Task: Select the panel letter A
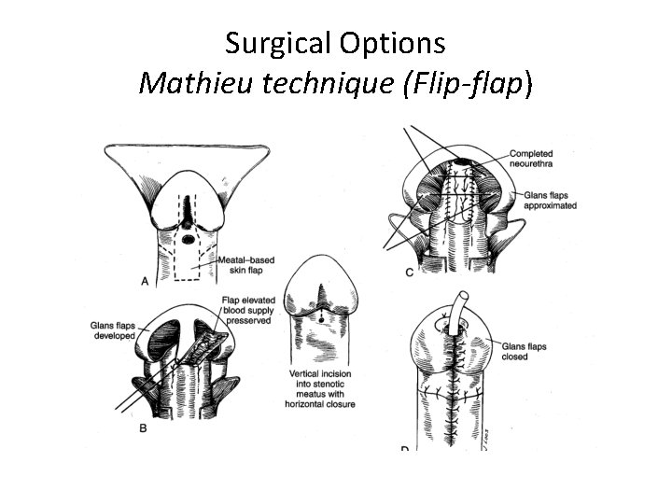(143, 280)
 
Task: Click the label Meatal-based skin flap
(245, 263)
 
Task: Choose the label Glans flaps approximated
(550, 200)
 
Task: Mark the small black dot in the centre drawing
(321, 317)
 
